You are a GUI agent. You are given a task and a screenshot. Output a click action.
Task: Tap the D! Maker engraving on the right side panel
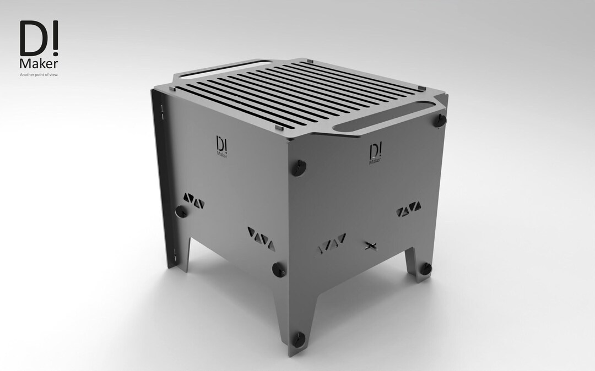tap(375, 152)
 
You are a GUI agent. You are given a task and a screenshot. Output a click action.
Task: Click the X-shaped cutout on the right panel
tap(372, 245)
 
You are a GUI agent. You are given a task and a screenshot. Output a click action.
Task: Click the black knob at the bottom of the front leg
tap(298, 339)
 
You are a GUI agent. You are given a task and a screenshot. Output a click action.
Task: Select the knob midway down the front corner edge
tap(278, 268)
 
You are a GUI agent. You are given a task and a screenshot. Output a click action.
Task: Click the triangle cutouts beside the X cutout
tap(332, 242)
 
